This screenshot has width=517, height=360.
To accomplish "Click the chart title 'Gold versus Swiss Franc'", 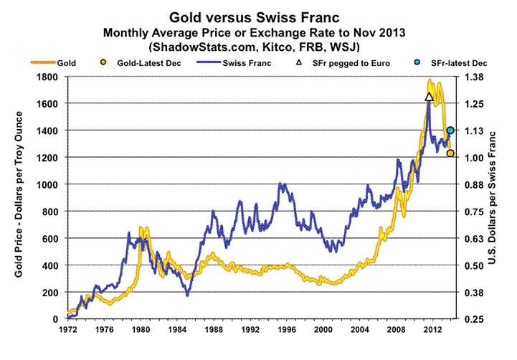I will pos(258,16).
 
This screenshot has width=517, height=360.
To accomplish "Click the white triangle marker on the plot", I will pos(429,96).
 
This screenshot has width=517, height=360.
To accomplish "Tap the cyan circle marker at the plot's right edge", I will pos(450,131).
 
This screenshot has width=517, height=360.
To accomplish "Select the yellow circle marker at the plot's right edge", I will pos(450,153).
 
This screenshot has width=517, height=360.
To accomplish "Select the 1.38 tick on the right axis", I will pos(475,77).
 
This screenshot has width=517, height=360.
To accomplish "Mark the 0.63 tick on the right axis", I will pos(475,239).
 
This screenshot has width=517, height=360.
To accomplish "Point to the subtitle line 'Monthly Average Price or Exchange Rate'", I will pos(215,32).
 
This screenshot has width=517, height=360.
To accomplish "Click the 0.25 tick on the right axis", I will pos(475,319).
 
